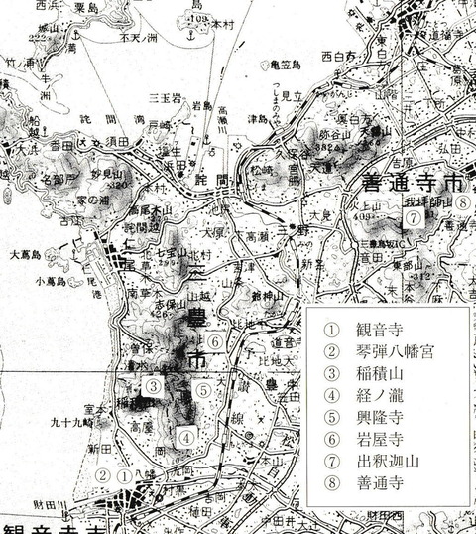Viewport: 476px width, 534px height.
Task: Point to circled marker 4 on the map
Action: pyautogui.click(x=184, y=434)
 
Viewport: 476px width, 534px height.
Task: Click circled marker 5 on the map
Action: pyautogui.click(x=203, y=390)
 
